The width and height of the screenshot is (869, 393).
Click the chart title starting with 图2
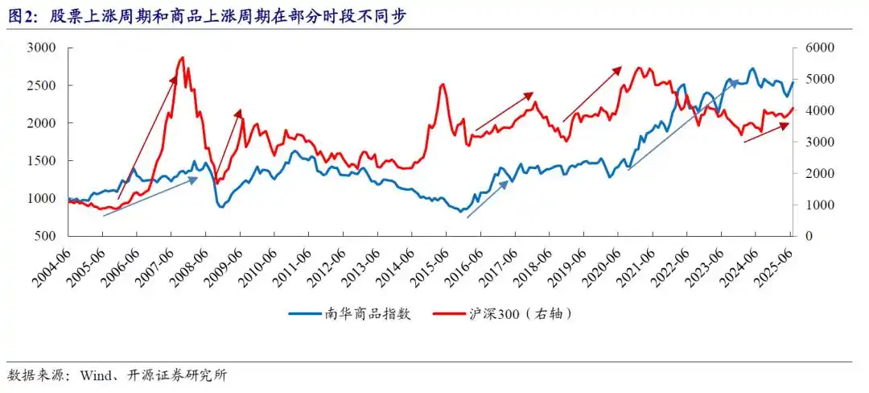(x=201, y=16)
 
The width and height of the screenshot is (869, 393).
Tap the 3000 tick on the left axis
(x=40, y=48)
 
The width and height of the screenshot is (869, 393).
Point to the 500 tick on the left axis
(x=43, y=236)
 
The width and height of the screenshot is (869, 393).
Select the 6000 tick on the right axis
(x=814, y=48)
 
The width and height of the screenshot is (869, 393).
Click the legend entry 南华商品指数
(x=351, y=313)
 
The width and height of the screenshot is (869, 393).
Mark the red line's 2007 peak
(x=182, y=57)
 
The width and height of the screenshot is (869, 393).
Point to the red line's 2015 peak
(x=443, y=84)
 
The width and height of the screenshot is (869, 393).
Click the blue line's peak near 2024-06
(x=752, y=68)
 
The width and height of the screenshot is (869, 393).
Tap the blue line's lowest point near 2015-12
(x=461, y=211)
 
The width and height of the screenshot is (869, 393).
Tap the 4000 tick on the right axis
(x=814, y=110)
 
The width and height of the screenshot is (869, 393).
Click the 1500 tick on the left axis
(x=40, y=160)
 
